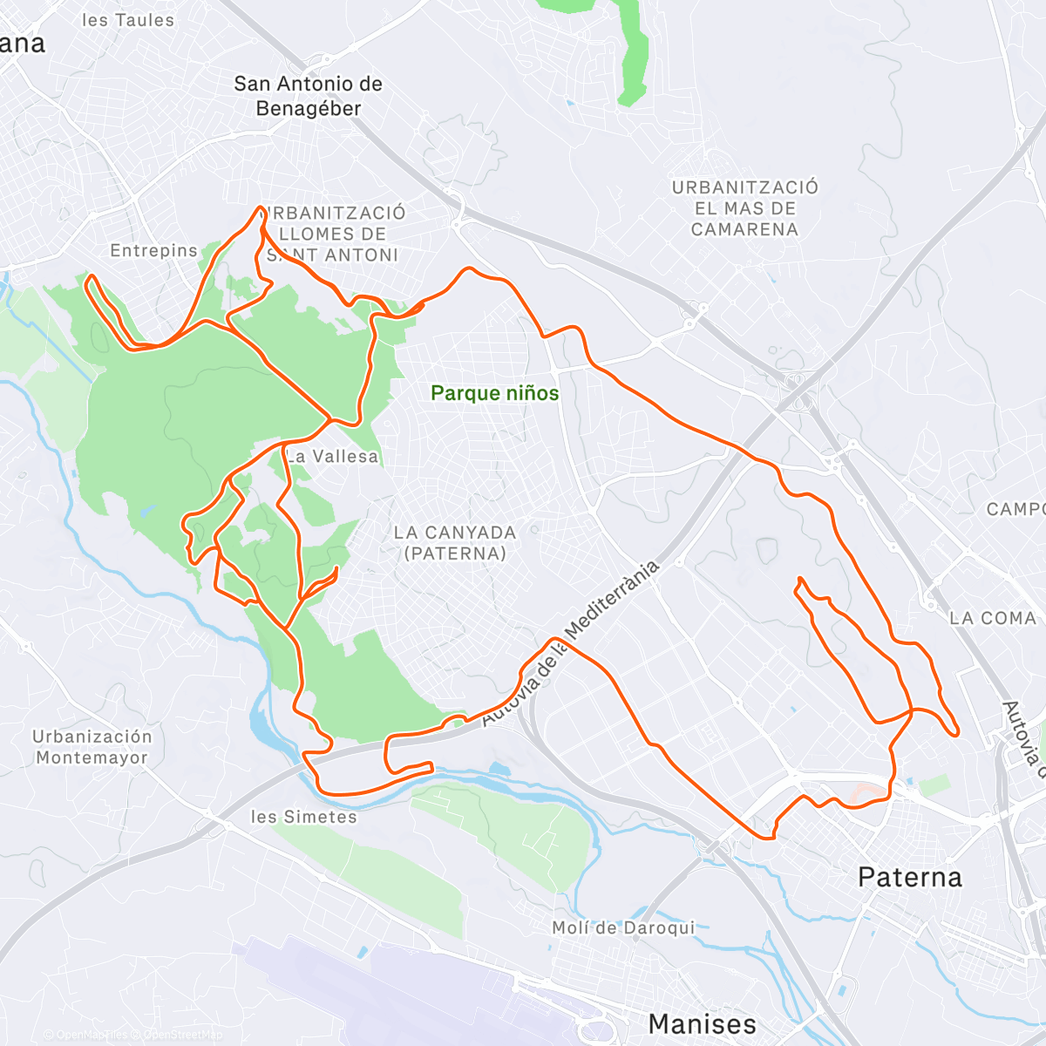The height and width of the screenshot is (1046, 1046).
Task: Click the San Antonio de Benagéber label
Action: click(x=308, y=96)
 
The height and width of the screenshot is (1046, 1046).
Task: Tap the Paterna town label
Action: click(x=909, y=877)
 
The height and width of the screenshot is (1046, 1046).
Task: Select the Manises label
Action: click(x=702, y=1023)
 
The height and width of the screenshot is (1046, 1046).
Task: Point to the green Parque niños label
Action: click(x=494, y=393)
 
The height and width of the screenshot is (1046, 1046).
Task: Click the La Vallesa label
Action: click(x=332, y=456)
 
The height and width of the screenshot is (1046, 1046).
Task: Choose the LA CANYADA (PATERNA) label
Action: click(x=454, y=542)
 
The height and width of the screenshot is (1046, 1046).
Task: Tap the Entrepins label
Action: click(x=154, y=251)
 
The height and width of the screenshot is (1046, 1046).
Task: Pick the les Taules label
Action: click(x=127, y=20)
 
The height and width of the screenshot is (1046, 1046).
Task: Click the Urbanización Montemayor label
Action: click(x=92, y=747)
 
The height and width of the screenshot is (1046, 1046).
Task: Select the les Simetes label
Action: click(x=303, y=817)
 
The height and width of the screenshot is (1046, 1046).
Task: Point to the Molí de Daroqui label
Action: click(x=623, y=927)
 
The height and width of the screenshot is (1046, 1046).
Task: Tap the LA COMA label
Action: click(x=993, y=618)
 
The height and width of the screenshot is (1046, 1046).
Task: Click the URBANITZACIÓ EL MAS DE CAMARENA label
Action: click(x=744, y=208)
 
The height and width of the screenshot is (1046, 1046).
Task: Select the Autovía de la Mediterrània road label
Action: click(x=571, y=641)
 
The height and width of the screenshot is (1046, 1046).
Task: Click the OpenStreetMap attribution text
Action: click(x=182, y=1035)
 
